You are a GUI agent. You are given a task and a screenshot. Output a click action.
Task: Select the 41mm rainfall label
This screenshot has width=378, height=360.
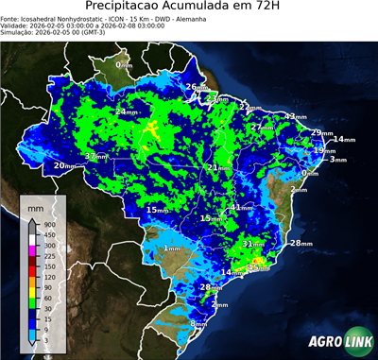[x=240, y=207]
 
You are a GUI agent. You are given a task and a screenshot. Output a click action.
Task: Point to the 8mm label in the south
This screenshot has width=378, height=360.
[x=198, y=324]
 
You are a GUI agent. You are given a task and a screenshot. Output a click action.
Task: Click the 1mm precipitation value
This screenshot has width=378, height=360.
[x=172, y=249]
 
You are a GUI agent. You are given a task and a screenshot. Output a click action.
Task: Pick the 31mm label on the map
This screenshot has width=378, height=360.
[x=253, y=244]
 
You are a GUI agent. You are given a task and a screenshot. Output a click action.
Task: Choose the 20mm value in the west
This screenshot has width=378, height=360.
[x=64, y=166]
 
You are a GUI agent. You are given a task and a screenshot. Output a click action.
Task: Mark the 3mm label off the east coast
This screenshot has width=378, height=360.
[x=337, y=160]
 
